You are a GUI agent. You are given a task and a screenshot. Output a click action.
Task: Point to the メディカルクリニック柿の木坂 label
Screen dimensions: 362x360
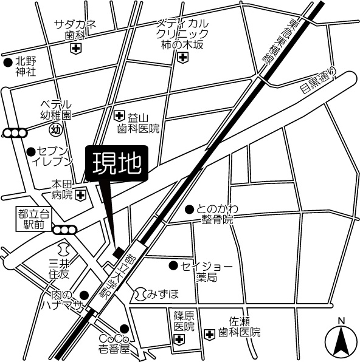coord(182,33)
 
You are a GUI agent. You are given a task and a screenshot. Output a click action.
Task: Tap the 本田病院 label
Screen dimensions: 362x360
coord(61,189)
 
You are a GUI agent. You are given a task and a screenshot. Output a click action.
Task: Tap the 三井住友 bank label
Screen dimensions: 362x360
coord(59,268)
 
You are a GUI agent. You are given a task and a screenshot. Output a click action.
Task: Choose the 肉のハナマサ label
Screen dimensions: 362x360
coord(60,301)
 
